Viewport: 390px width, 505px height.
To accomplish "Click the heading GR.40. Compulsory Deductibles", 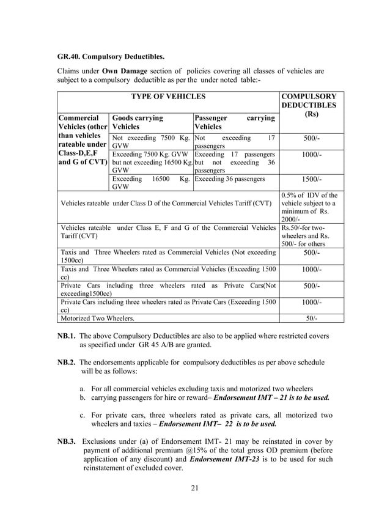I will tap(111, 57).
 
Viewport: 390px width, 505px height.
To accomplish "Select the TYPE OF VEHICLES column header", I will tap(168, 97).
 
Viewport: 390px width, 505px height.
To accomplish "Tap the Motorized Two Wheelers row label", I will tap(97, 318).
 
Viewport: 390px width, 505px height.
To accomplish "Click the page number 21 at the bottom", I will tap(195, 487).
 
